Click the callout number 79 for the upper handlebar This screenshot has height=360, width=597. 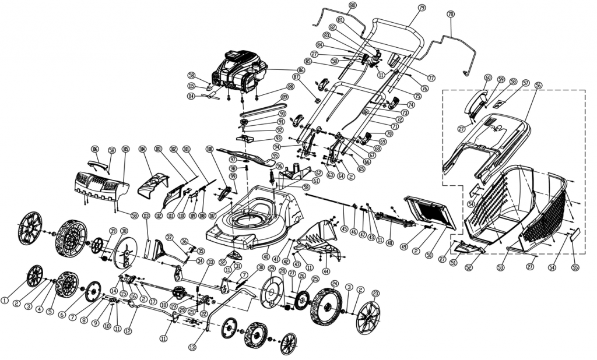click(422, 8)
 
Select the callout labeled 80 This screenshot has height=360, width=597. click(352, 6)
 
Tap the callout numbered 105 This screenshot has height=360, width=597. click(125, 149)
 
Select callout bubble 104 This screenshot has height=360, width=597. click(142, 149)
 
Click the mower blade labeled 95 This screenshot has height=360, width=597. click(245, 156)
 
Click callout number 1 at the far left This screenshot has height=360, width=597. click(5, 301)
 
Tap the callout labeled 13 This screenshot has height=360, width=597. click(192, 347)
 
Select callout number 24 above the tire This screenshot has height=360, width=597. click(334, 284)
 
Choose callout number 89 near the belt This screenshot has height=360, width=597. click(284, 97)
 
